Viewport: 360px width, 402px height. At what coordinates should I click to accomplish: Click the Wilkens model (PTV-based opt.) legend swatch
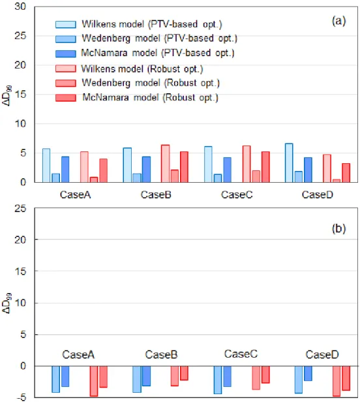click(x=66, y=24)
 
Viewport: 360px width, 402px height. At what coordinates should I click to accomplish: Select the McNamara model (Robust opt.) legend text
click(x=151, y=97)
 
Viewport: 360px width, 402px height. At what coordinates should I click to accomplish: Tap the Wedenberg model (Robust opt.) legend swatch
click(x=66, y=84)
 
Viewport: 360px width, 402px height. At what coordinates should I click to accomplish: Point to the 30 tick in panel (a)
click(x=20, y=7)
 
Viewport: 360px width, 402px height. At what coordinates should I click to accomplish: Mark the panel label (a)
click(x=338, y=21)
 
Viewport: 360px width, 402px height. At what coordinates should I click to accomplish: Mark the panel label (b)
click(x=338, y=228)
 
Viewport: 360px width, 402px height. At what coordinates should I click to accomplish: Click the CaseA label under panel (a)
click(x=76, y=194)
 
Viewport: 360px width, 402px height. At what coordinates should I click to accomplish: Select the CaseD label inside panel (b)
click(x=322, y=354)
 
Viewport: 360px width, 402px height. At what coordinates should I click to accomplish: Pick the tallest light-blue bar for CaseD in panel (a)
click(x=289, y=162)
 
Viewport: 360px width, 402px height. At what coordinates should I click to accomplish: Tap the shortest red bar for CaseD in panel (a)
click(x=337, y=181)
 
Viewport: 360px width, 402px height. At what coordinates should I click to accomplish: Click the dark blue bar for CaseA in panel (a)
click(x=65, y=170)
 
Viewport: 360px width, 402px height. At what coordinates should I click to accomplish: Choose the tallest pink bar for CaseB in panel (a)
click(x=165, y=164)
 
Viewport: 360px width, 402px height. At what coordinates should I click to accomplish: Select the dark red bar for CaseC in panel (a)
click(x=265, y=167)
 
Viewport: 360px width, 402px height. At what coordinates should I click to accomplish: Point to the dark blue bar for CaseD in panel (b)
click(x=308, y=373)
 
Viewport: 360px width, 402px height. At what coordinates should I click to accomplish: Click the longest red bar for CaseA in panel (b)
click(x=93, y=381)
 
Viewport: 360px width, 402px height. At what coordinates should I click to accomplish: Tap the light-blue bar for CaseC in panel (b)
click(x=218, y=380)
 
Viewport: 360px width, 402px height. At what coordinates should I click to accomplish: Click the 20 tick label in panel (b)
click(x=20, y=240)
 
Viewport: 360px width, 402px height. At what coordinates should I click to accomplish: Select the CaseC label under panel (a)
click(x=237, y=194)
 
